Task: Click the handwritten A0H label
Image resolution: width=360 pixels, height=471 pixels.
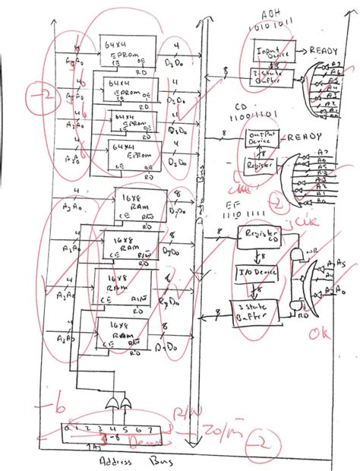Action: (270, 14)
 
